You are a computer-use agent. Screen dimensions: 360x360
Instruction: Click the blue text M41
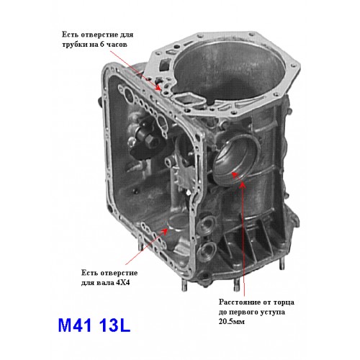click(x=75, y=325)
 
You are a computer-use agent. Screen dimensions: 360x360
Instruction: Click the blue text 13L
click(x=115, y=325)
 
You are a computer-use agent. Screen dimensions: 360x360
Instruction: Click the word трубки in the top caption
click(x=75, y=45)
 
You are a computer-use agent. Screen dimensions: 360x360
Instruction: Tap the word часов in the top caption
click(x=116, y=45)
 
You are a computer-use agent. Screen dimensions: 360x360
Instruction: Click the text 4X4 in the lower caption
click(x=122, y=282)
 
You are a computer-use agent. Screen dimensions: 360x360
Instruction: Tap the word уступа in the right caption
click(x=274, y=312)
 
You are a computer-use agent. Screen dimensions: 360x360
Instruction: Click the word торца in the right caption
click(x=284, y=302)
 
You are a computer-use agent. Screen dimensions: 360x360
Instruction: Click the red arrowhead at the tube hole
click(x=158, y=87)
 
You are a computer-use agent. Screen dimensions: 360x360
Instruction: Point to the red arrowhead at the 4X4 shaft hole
click(x=165, y=230)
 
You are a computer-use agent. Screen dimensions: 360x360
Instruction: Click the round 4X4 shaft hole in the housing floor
click(x=176, y=222)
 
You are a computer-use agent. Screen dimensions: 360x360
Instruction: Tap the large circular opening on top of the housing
click(x=228, y=73)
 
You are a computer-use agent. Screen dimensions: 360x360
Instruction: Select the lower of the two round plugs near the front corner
click(x=207, y=251)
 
